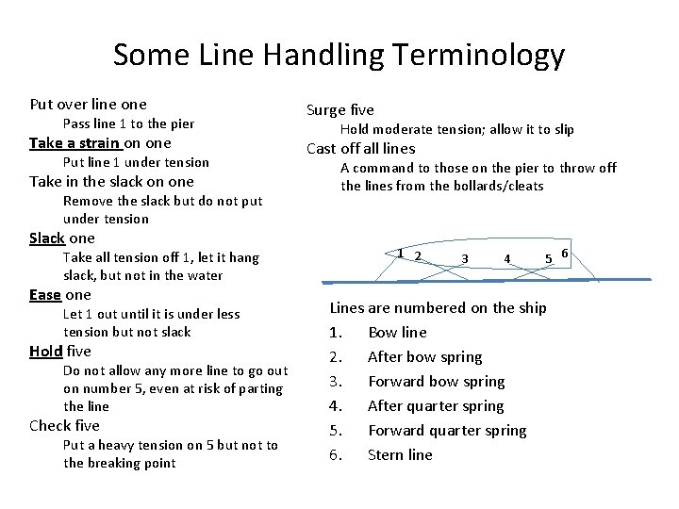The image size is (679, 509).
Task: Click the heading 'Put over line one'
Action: click(x=89, y=105)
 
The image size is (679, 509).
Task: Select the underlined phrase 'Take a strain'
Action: click(x=75, y=143)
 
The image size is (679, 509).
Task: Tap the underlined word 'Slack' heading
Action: click(x=47, y=238)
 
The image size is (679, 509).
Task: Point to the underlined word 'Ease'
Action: click(x=45, y=295)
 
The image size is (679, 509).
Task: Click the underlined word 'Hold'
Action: click(x=46, y=352)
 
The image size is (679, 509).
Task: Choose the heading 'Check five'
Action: click(x=63, y=426)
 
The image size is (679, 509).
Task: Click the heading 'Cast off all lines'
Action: click(x=361, y=148)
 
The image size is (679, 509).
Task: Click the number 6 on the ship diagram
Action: click(x=564, y=252)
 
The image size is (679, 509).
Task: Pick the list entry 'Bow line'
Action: click(x=397, y=333)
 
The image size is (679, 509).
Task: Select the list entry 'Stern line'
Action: click(x=400, y=455)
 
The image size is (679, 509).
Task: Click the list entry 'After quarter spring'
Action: click(x=436, y=406)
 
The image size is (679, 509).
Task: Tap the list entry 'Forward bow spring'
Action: click(x=436, y=382)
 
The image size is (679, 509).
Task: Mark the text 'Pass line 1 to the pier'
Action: click(x=127, y=124)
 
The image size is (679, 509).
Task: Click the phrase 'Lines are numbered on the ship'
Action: click(x=438, y=308)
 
